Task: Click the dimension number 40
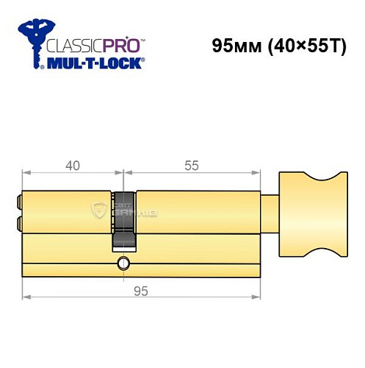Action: pos(72,166)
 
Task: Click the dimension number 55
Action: pos(192,166)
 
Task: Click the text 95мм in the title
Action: pos(234,45)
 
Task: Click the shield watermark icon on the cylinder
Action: pos(98,210)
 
